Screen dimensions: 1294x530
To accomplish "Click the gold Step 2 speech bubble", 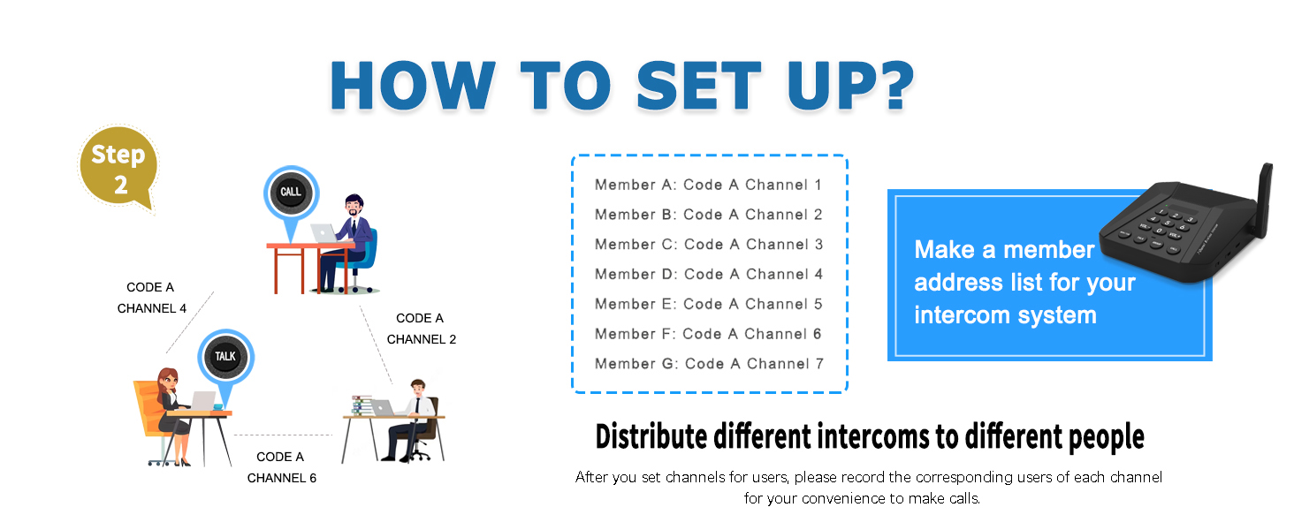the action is [x=118, y=168].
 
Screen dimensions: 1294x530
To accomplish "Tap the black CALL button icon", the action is [x=291, y=193].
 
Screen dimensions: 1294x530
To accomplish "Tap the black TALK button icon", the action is [x=225, y=356].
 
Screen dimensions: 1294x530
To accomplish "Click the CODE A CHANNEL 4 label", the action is [x=151, y=298].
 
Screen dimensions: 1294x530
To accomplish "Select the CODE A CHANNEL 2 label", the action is [x=421, y=329].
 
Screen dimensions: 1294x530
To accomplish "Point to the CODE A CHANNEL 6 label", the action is [x=281, y=467].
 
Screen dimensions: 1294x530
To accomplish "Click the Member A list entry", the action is [x=708, y=185].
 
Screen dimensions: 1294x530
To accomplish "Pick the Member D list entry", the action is [x=709, y=274].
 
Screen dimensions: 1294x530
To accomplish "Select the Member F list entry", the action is [x=708, y=334].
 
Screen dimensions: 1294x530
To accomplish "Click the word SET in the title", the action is [x=699, y=86].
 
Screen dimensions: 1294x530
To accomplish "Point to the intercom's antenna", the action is [x=1263, y=199].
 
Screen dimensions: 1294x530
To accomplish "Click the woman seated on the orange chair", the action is [x=169, y=416].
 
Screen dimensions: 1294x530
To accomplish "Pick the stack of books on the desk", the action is [x=362, y=405].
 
